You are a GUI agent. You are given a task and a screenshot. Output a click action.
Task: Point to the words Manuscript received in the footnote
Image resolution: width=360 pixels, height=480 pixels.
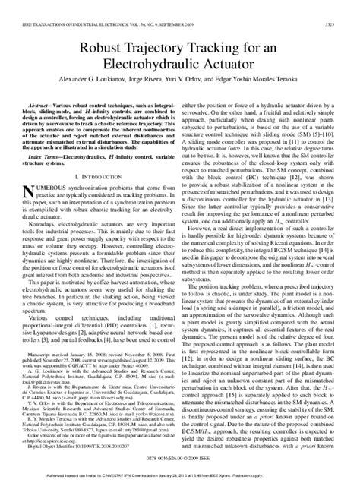coord(55,352)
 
